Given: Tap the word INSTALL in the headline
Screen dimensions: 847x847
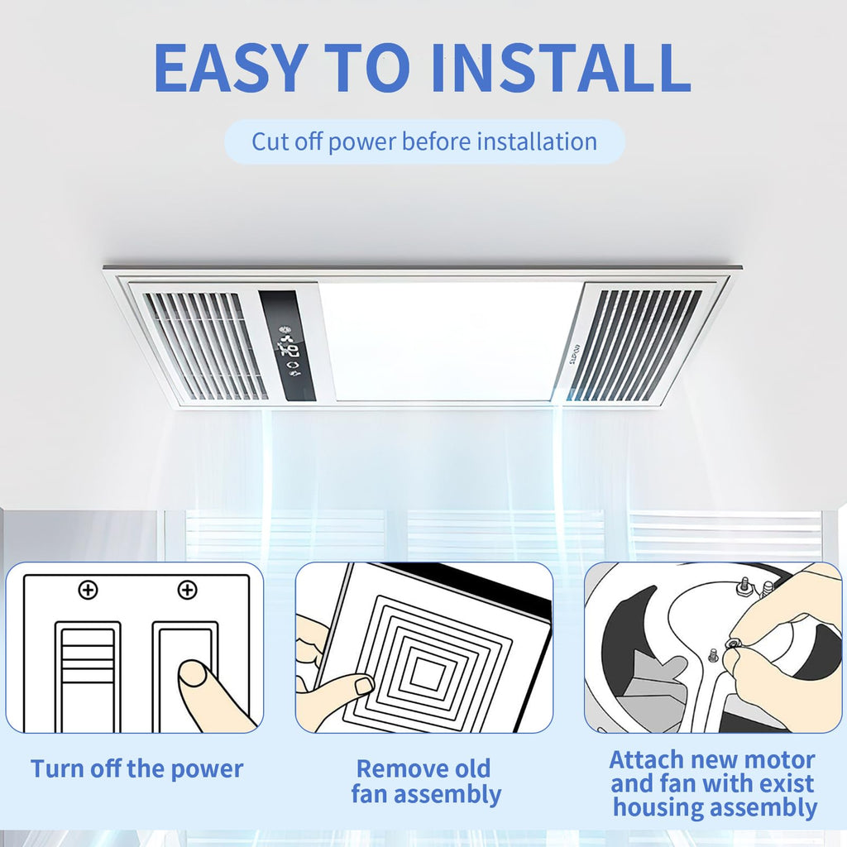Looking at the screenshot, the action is [x=561, y=67].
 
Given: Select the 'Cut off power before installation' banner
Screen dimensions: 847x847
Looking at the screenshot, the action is [x=424, y=141].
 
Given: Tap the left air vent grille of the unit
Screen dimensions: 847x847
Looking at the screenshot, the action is [x=206, y=346].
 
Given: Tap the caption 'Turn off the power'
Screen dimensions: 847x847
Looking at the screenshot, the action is [x=137, y=768].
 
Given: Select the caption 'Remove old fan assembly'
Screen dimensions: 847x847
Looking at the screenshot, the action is [x=426, y=781].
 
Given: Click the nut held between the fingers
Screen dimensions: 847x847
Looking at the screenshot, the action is [x=733, y=644].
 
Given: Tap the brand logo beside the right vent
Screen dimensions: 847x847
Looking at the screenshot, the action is [x=576, y=355].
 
